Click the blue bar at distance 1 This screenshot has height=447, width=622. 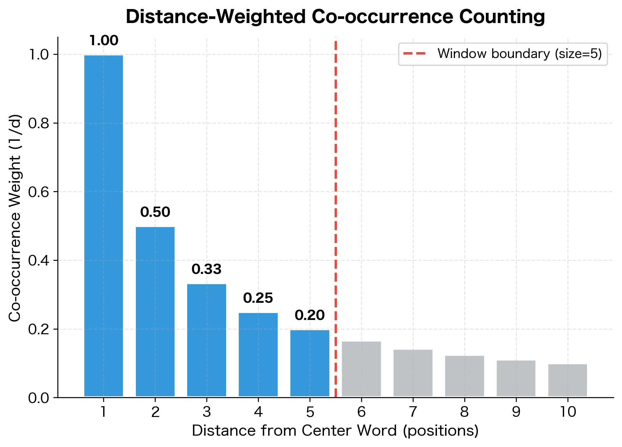[x=103, y=226]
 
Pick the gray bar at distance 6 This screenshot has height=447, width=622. [x=361, y=369]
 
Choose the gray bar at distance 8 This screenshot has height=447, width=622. [x=464, y=376]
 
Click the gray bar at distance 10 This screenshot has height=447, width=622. [x=567, y=380]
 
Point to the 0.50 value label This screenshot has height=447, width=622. [x=155, y=212]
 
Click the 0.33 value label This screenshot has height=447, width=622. [x=206, y=269]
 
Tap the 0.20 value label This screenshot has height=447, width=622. [x=310, y=315]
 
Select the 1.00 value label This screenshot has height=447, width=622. [x=104, y=41]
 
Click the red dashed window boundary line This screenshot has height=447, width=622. [x=336, y=204]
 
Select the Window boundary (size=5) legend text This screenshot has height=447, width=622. [x=520, y=54]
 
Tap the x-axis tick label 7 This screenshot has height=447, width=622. [x=413, y=412]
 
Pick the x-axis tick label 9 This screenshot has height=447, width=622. [x=516, y=412]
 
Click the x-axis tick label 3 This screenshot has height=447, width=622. [x=206, y=412]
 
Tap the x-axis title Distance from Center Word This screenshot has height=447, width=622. [x=294, y=431]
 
